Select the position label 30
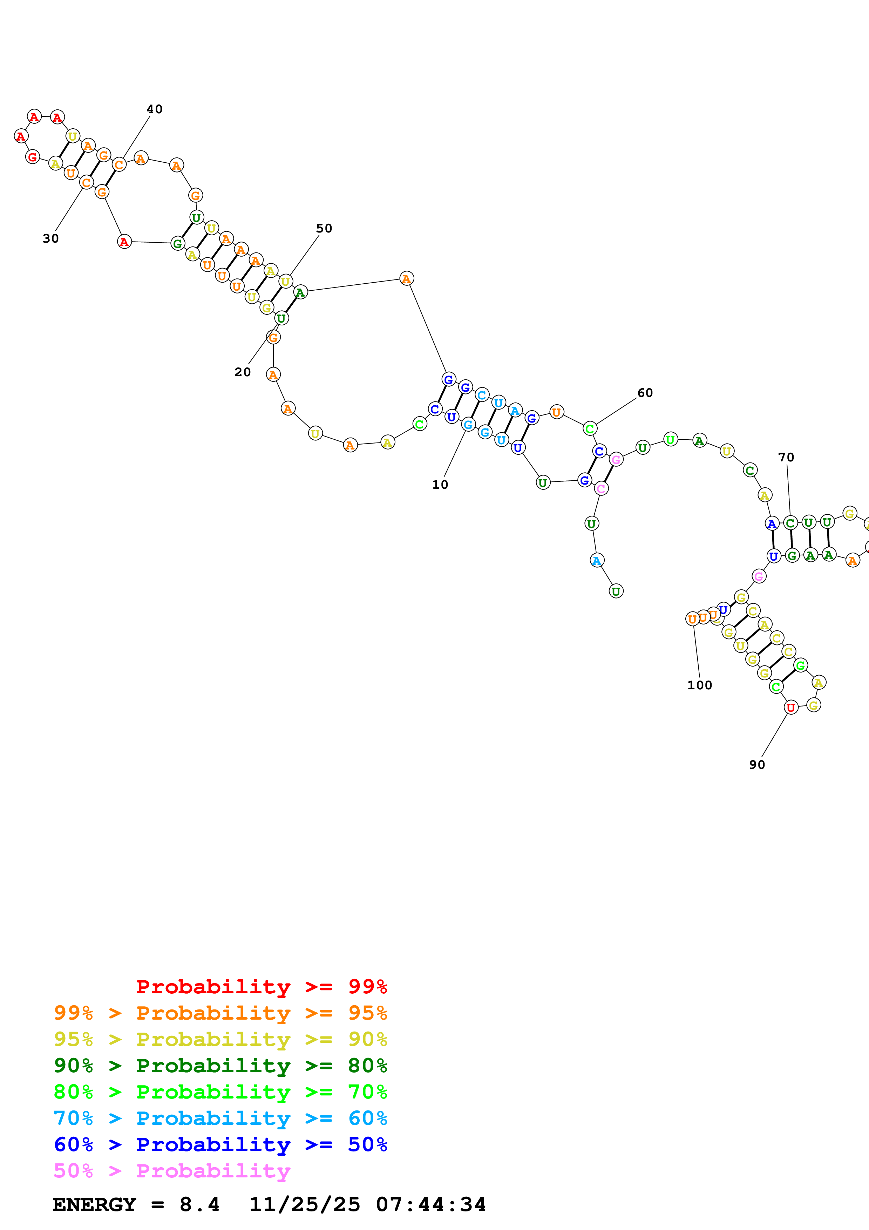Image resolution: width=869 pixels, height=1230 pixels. (x=50, y=239)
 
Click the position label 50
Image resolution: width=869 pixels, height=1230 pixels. (x=324, y=229)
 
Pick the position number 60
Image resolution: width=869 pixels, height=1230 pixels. (x=645, y=393)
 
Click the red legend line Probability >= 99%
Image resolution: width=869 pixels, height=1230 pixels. (x=261, y=987)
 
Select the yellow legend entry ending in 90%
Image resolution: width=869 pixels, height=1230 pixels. (x=220, y=1039)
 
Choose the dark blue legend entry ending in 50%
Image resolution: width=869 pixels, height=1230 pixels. (x=220, y=1144)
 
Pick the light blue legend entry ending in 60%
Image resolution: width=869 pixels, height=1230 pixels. (x=220, y=1118)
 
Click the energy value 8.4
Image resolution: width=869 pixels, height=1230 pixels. (x=199, y=1204)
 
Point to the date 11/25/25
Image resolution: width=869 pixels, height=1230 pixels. (x=304, y=1204)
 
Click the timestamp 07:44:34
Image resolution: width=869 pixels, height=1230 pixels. (x=430, y=1204)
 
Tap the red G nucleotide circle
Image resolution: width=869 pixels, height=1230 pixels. (x=33, y=157)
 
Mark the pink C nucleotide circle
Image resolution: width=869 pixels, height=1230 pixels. (x=601, y=488)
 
